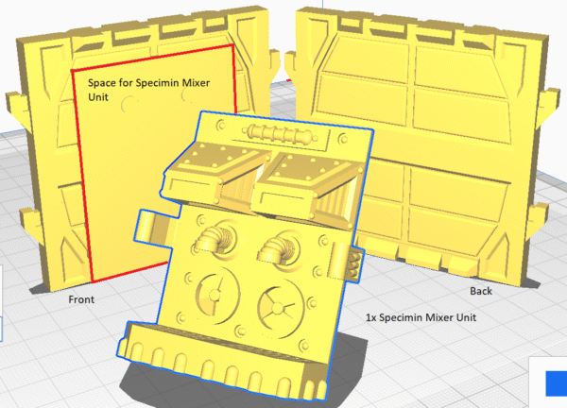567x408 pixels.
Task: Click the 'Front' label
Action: click(81, 299)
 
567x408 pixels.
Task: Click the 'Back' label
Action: click(481, 291)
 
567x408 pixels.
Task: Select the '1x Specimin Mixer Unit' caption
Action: click(421, 317)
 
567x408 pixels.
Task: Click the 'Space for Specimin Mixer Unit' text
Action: click(148, 90)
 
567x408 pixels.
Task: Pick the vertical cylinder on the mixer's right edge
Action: click(337, 261)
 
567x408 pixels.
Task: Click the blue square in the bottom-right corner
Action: click(557, 382)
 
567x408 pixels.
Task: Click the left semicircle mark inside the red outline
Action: click(128, 104)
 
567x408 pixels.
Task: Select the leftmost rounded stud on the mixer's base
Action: click(137, 351)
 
